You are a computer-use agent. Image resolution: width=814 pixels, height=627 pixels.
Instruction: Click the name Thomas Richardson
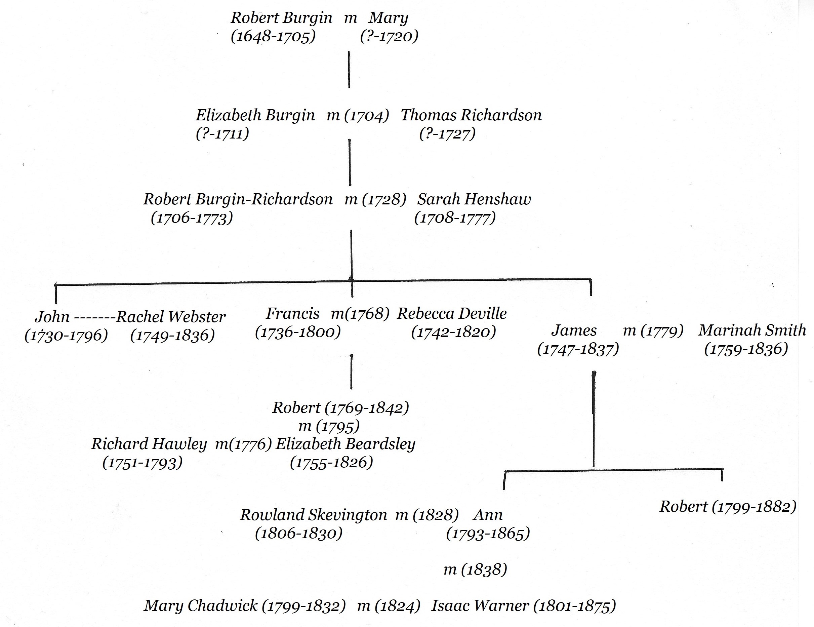pos(471,115)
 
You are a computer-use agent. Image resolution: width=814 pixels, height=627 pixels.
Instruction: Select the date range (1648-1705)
pos(273,37)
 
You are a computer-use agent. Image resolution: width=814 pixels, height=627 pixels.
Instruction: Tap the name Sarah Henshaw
pos(474,199)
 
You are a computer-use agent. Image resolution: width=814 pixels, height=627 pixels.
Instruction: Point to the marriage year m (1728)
pos(375,199)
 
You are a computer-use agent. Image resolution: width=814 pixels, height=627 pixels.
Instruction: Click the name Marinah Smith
pos(752,330)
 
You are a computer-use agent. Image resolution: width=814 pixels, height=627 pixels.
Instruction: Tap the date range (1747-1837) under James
pos(578,349)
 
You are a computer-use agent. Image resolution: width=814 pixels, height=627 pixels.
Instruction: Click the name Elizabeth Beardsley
pos(345,444)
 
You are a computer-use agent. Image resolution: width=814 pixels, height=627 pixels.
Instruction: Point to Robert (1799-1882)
pos(728,507)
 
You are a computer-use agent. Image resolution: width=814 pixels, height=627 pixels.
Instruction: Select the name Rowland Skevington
pos(314,515)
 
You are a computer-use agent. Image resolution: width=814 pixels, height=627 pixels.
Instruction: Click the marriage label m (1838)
pos(475,569)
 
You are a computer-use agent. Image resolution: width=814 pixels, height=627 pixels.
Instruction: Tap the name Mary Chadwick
pos(201,605)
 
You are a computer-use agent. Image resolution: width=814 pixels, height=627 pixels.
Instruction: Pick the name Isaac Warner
pos(480,605)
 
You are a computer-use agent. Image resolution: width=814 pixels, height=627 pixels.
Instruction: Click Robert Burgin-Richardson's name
pos(238,199)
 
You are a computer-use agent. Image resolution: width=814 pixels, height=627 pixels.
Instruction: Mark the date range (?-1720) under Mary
pos(389,37)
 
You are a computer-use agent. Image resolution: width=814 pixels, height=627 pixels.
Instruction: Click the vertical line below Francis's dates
pos(351,371)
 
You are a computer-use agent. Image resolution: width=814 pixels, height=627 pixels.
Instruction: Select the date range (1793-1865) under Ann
pos(488,534)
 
